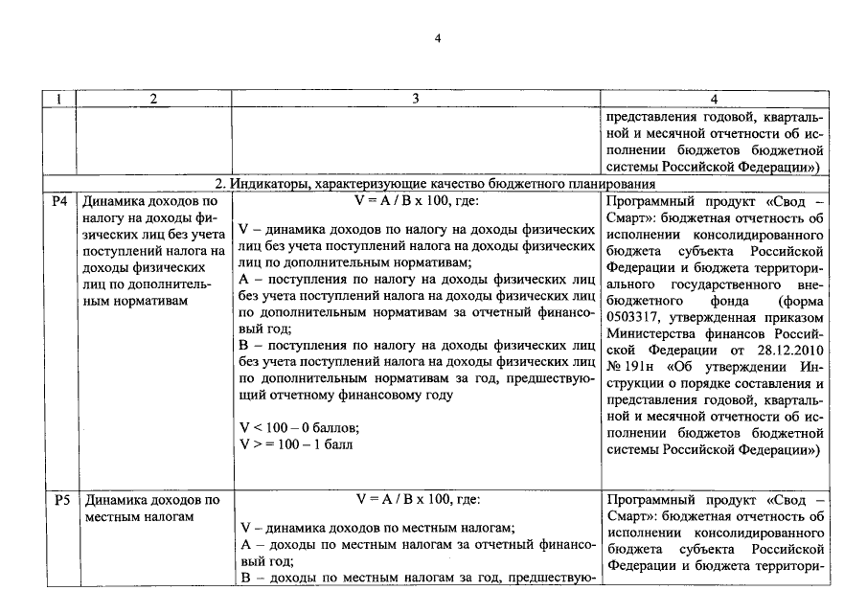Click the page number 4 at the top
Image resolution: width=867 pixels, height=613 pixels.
[x=437, y=38]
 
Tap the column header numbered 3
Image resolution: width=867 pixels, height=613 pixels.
[x=415, y=99]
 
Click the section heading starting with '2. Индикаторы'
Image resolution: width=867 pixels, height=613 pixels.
[x=434, y=183]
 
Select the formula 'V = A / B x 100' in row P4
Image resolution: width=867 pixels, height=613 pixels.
[x=416, y=202]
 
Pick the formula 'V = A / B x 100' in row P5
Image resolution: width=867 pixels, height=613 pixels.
[x=416, y=500]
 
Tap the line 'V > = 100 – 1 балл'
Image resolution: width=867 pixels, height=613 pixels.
[x=297, y=444]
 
